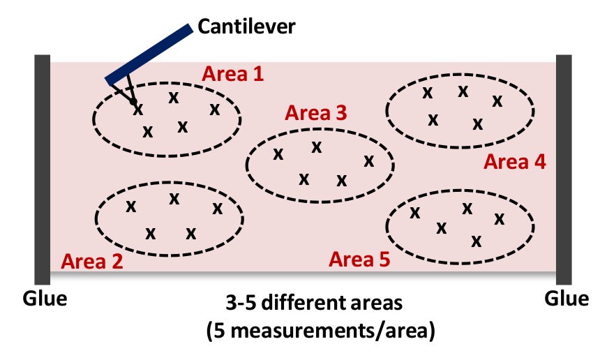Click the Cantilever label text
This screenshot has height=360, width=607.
[x=247, y=27]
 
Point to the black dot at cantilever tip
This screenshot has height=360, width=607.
[x=132, y=102]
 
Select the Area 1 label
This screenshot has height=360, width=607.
[x=233, y=74]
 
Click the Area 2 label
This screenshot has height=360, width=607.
[x=92, y=262]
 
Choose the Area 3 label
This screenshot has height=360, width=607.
[x=316, y=113]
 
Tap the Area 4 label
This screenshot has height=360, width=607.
[x=515, y=162]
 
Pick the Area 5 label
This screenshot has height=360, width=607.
[x=359, y=260]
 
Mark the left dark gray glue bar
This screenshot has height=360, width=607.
[x=43, y=168]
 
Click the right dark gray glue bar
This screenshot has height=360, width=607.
[x=564, y=168]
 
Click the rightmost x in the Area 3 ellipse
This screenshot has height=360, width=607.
[x=368, y=161]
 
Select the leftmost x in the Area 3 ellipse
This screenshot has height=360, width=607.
[x=278, y=154]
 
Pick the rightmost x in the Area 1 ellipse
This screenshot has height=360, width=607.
[x=214, y=109]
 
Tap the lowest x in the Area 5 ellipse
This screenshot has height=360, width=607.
[x=477, y=241]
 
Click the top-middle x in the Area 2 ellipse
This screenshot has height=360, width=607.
[x=174, y=199]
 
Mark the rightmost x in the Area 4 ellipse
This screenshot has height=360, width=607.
[x=497, y=100]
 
